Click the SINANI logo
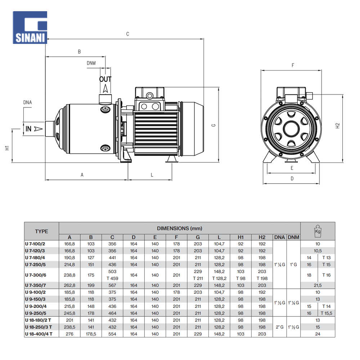point(30,27)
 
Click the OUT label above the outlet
point(105,79)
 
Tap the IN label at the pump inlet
point(29,129)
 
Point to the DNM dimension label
point(91,63)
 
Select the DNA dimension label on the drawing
point(28,103)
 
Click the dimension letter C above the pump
point(127,34)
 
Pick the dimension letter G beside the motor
point(213,125)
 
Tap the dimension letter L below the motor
point(152,175)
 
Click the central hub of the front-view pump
point(290,129)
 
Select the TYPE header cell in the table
point(41,231)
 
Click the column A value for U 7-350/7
point(69,285)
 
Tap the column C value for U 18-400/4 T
point(112,334)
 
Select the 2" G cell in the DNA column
point(280,327)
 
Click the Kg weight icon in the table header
point(318,231)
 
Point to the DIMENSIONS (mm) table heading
point(179,228)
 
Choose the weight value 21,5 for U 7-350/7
point(318,285)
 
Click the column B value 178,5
point(91,334)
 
